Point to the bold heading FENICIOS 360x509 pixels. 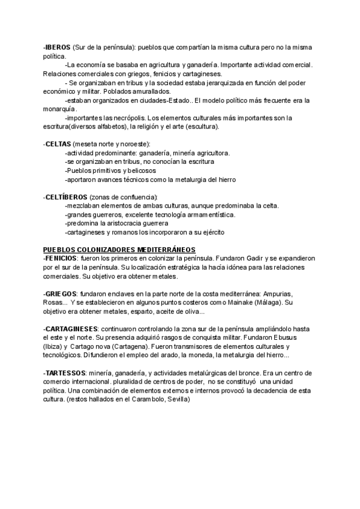[60, 258]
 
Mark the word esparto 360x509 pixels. [136, 312]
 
